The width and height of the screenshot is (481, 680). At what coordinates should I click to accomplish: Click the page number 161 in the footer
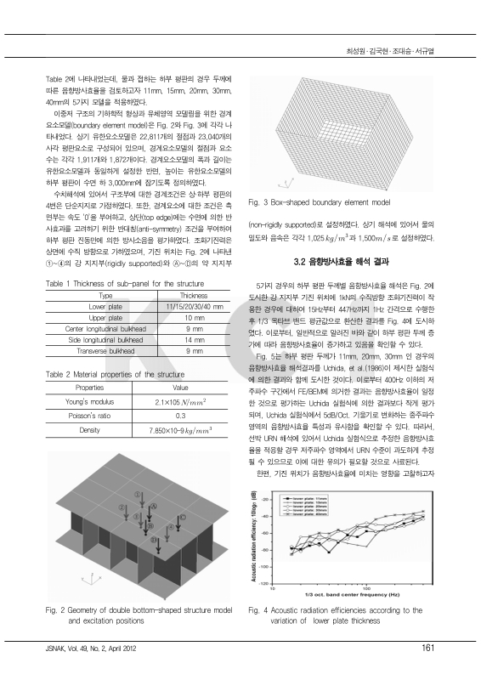428,649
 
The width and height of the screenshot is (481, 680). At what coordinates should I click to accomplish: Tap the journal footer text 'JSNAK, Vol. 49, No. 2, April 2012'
95,649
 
